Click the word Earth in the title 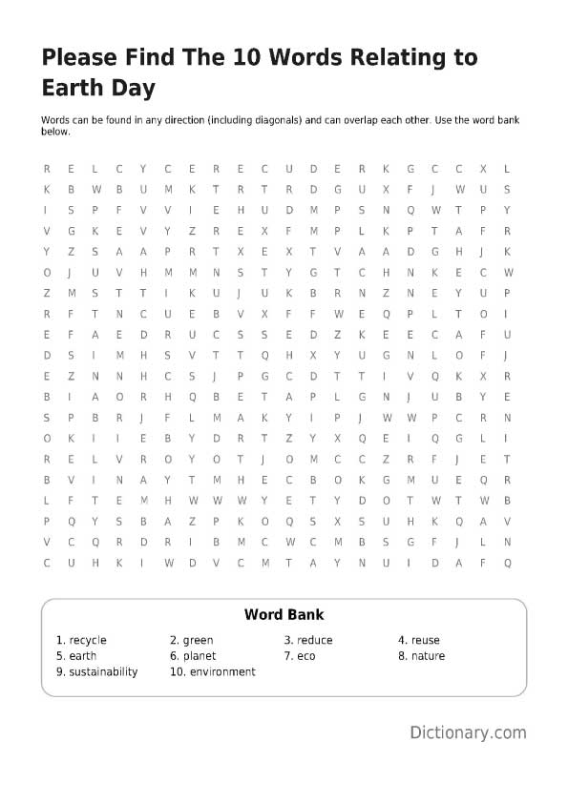(x=72, y=88)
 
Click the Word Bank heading (x=284, y=615)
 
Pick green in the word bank (x=198, y=640)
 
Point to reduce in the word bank (x=314, y=640)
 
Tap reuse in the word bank (x=426, y=640)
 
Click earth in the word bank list (x=83, y=656)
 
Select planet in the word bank (x=200, y=656)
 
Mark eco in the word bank (x=305, y=656)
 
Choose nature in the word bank (x=428, y=656)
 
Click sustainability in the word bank (x=103, y=671)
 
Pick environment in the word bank (x=222, y=671)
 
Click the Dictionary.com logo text (x=468, y=732)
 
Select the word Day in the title (x=133, y=88)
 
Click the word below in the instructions (x=55, y=133)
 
